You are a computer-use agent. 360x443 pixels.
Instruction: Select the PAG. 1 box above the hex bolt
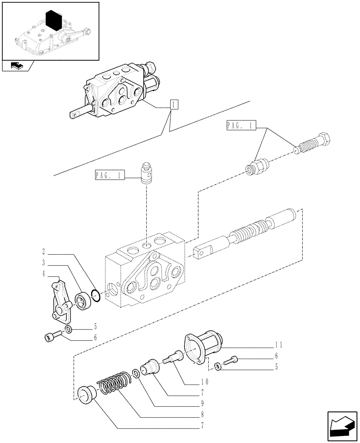pos(240,126)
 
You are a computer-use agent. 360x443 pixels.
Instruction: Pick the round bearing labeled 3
pos(83,301)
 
